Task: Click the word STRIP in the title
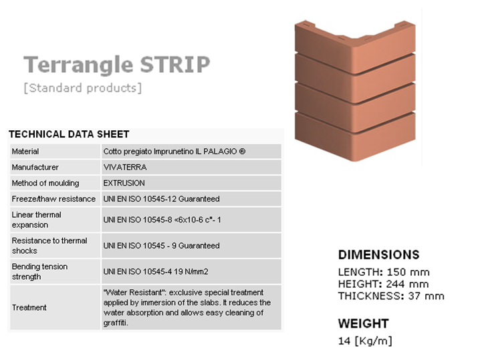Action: coord(175,64)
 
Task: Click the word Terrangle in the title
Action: coord(78,65)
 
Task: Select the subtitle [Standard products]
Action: coord(83,88)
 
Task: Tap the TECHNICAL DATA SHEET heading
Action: coord(69,134)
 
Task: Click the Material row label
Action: coord(25,152)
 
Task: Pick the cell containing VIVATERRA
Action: coord(191,167)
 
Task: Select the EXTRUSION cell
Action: coord(191,183)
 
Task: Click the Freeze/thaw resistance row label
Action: coord(53,199)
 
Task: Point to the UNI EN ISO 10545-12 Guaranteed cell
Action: coord(191,199)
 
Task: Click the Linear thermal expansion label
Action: coord(36,220)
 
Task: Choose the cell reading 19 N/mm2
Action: coord(191,271)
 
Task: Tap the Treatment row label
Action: coord(29,307)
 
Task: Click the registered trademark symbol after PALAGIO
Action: coord(242,151)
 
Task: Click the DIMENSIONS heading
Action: coord(378,254)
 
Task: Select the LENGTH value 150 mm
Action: coord(408,272)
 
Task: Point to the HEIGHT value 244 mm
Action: coord(407,284)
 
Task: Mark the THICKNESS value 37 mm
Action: coord(426,296)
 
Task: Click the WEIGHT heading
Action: coord(364,324)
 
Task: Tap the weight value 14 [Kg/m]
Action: coord(365,341)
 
